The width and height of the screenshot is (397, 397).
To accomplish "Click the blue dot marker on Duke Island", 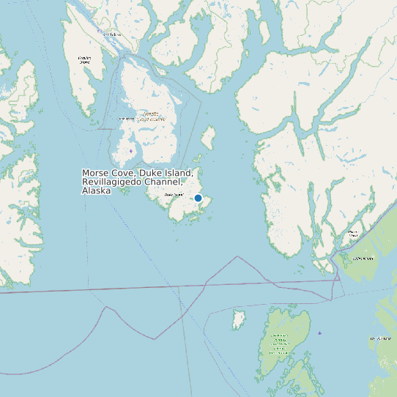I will [198, 198].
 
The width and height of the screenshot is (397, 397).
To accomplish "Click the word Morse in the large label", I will [95, 174].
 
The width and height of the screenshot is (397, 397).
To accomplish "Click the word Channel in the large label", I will [164, 182].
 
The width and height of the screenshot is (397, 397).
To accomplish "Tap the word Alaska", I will [96, 190].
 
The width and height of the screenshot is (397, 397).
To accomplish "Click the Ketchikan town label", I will [111, 34].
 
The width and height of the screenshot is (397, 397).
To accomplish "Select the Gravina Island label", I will [84, 60].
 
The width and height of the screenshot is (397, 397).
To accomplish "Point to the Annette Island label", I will [150, 115].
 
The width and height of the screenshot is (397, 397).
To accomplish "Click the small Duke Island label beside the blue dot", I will [174, 195].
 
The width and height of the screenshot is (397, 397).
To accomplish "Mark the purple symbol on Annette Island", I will [131, 151].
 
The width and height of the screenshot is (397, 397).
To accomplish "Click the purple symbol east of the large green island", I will [319, 333].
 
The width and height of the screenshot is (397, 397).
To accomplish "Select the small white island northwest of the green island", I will [237, 319].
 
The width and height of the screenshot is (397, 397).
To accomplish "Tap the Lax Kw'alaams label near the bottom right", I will [381, 339].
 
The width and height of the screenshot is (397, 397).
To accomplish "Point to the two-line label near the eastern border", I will [353, 234].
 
